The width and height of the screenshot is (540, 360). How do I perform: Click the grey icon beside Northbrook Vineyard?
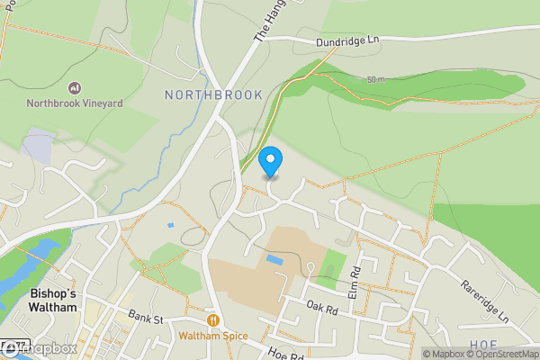click(x=74, y=87)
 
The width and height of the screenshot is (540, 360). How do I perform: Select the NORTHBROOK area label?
click(x=213, y=94)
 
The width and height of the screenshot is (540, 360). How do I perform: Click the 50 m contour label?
click(x=377, y=81)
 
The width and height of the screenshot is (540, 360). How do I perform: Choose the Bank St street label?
click(x=143, y=318)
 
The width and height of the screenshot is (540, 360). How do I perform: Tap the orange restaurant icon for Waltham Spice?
click(x=213, y=319)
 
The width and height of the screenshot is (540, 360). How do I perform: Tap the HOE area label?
click(x=482, y=345)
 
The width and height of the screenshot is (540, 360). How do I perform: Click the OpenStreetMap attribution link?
click(x=501, y=354)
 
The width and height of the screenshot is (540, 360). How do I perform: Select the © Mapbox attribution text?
click(x=442, y=354)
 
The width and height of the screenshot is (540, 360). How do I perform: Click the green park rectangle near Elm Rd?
click(x=334, y=265)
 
